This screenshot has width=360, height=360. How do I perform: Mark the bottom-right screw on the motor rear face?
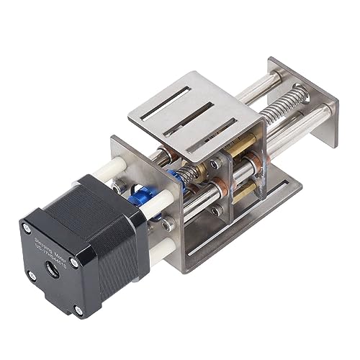click(81, 314)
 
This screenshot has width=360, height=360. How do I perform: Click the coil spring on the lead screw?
click(288, 114)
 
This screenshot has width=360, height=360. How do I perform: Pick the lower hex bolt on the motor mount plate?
click(168, 225)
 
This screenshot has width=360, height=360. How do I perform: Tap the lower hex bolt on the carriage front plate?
click(214, 210)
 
